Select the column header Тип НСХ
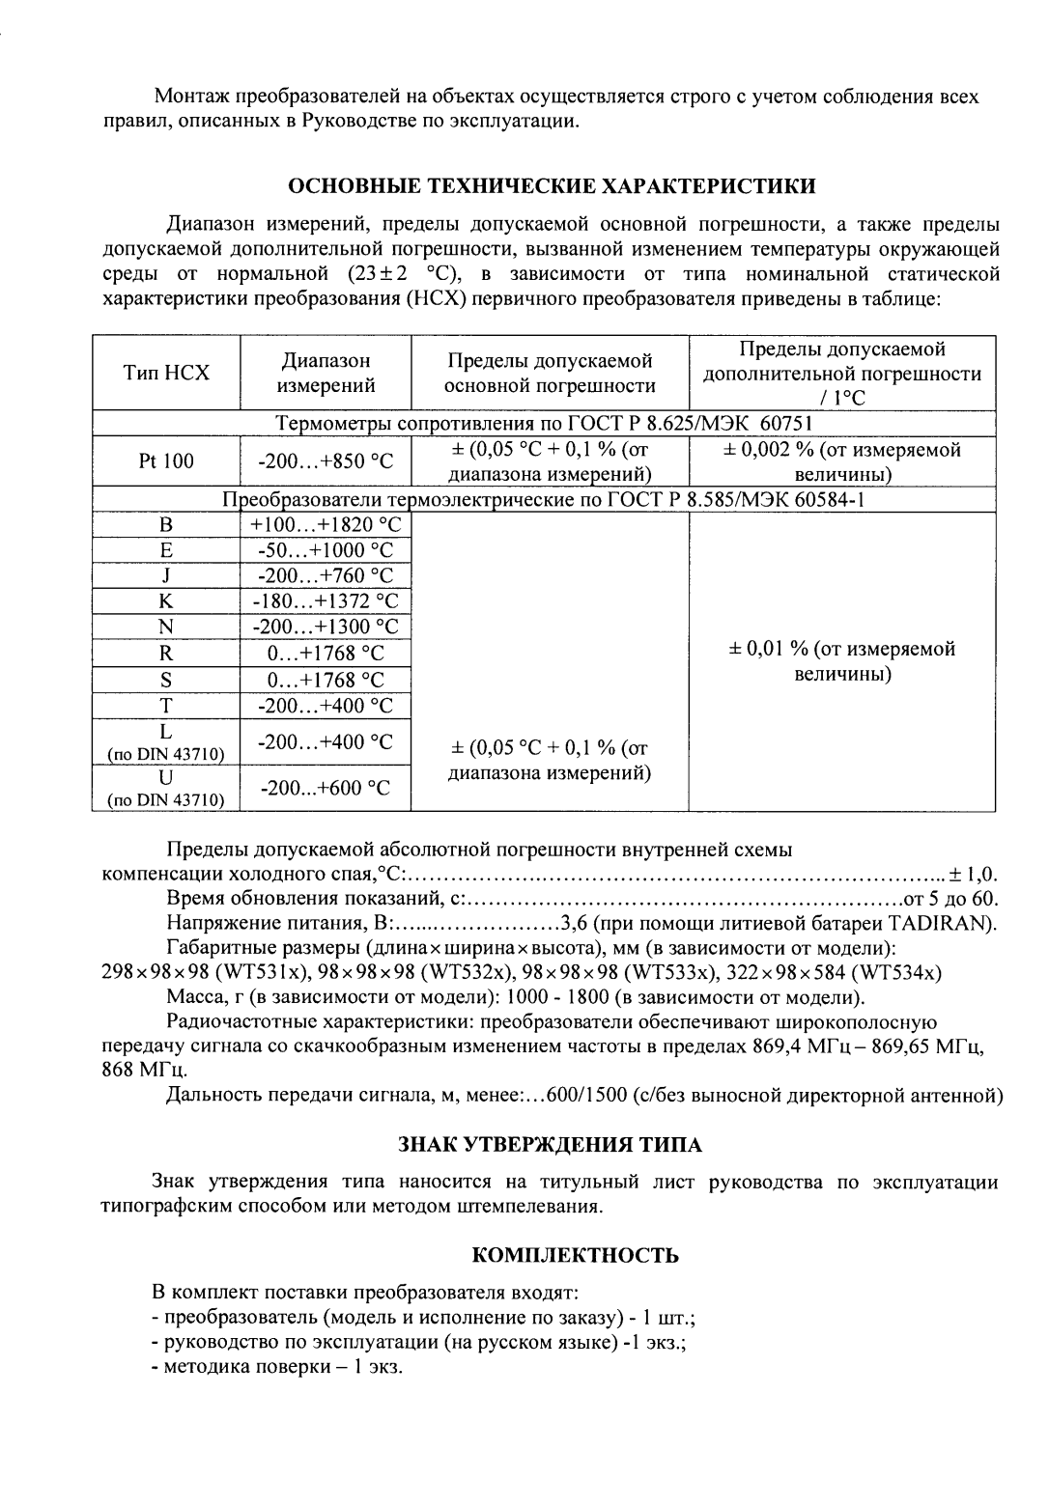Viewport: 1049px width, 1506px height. pyautogui.click(x=166, y=374)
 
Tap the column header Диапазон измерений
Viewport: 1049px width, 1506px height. pyautogui.click(x=326, y=374)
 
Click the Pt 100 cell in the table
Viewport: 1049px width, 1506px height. pyautogui.click(x=166, y=461)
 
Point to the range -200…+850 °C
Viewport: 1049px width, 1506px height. pyautogui.click(x=326, y=461)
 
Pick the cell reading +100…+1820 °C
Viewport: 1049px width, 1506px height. pyautogui.click(x=326, y=525)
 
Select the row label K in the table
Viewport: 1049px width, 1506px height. pyautogui.click(x=166, y=600)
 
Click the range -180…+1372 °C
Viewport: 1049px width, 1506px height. pyautogui.click(x=326, y=600)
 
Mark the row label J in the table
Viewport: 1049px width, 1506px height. pyautogui.click(x=166, y=575)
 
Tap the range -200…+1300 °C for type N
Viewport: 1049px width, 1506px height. pyautogui.click(x=326, y=627)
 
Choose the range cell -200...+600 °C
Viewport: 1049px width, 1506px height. pyautogui.click(x=326, y=788)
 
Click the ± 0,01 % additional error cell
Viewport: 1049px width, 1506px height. pyautogui.click(x=841, y=660)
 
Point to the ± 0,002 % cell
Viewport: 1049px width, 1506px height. pyautogui.click(x=841, y=461)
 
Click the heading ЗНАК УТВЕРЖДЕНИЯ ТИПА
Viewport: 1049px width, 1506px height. pyautogui.click(x=550, y=1145)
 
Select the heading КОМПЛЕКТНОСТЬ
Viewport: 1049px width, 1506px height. pyautogui.click(x=575, y=1255)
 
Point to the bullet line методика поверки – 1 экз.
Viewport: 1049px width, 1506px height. pyautogui.click(x=277, y=1368)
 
